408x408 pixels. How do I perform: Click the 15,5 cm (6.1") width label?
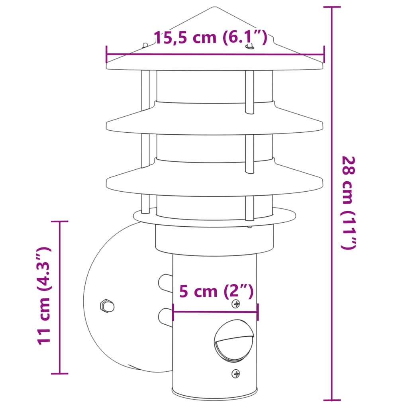click(x=210, y=37)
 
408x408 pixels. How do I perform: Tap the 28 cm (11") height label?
click(x=347, y=203)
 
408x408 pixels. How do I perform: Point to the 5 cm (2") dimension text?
click(x=216, y=291)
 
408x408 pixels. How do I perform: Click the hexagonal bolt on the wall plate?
click(x=107, y=306)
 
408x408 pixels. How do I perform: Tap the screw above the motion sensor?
click(x=236, y=304)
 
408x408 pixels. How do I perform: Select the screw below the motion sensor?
click(x=236, y=374)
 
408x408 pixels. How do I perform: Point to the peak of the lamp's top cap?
click(x=215, y=7)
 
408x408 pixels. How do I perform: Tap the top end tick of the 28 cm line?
click(x=331, y=7)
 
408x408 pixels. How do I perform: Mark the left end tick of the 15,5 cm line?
click(x=106, y=54)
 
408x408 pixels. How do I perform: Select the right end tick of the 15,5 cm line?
click(x=324, y=54)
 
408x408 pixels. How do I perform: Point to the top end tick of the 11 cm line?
click(x=60, y=221)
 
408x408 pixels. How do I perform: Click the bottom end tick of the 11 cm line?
click(x=60, y=373)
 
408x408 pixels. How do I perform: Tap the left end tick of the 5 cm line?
click(x=173, y=312)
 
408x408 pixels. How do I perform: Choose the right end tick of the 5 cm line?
click(x=258, y=312)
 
